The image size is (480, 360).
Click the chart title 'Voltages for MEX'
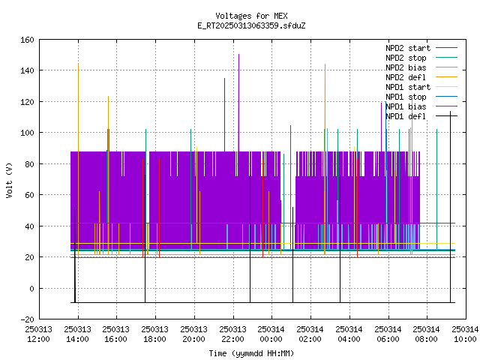[x=251, y=16]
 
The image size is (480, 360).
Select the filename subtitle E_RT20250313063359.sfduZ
[x=251, y=25]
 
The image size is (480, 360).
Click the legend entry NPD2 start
[x=421, y=48]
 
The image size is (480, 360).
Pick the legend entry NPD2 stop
[x=421, y=58]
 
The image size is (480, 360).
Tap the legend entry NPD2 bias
[x=421, y=67]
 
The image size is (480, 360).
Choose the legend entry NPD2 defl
[x=421, y=77]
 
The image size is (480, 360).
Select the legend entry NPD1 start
[x=421, y=87]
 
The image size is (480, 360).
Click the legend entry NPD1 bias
[x=421, y=106]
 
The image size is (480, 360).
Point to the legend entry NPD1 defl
[x=421, y=117]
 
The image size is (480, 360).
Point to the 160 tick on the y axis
[x=27, y=40]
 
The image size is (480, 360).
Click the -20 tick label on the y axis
[x=27, y=319]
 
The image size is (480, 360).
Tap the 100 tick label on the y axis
[x=27, y=133]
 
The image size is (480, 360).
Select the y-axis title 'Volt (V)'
[x=10, y=181]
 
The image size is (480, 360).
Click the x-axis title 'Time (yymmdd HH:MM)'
[x=251, y=353]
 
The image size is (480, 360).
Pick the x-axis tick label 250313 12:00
[x=39, y=334]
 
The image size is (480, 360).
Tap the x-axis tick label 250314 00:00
[x=271, y=334]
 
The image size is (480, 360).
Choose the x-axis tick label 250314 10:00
[x=465, y=334]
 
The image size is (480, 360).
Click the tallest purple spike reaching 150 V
[x=238, y=103]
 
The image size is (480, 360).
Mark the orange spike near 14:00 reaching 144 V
[x=78, y=159]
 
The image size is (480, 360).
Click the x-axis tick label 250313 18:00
[x=155, y=334]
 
